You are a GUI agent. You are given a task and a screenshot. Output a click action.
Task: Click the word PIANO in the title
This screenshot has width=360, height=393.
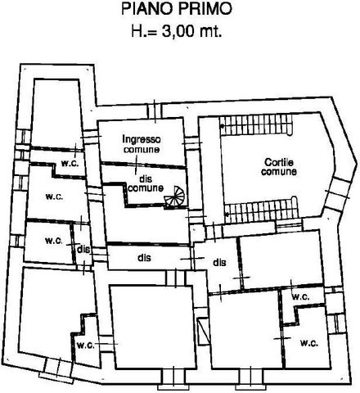pyautogui.click(x=147, y=9)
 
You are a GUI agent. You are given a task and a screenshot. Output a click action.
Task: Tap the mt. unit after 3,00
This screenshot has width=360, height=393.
pyautogui.click(x=210, y=32)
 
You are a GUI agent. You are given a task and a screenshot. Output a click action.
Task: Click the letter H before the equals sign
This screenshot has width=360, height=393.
pyautogui.click(x=137, y=31)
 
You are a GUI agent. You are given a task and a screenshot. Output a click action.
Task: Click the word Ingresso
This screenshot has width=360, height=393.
pyautogui.click(x=142, y=139)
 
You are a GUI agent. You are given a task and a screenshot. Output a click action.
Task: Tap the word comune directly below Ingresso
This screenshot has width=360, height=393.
pyautogui.click(x=142, y=149)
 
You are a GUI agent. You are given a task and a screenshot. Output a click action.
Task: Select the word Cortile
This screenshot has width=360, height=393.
pyautogui.click(x=279, y=162)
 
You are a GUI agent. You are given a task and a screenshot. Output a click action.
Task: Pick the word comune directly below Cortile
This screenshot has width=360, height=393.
pyautogui.click(x=279, y=171)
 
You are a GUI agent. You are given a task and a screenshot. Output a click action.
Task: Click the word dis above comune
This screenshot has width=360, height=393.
pyautogui.click(x=146, y=179)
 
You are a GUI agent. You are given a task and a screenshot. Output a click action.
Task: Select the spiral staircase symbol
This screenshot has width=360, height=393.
pyautogui.click(x=174, y=196)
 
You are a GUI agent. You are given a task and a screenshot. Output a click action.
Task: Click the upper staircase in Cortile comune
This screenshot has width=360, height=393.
pyautogui.click(x=256, y=124)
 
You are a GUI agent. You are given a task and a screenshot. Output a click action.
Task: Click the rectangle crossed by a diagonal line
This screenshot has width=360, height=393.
pyautogui.click(x=203, y=331)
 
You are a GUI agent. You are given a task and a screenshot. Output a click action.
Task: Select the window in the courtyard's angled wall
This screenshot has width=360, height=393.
pyautogui.click(x=338, y=193)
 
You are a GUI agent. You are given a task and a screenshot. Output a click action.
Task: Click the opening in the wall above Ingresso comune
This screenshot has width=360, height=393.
pyautogui.click(x=155, y=111)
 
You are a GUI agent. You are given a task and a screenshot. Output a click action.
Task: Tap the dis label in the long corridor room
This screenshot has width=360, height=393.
pyautogui.click(x=144, y=258)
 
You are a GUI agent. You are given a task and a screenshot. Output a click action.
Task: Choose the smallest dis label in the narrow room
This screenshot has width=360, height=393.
pyautogui.click(x=83, y=250)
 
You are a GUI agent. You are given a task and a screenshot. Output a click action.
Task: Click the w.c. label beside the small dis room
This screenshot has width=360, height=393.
pyautogui.click(x=54, y=241)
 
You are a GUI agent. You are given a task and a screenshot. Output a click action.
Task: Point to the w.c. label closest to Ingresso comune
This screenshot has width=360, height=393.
pyautogui.click(x=70, y=163)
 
